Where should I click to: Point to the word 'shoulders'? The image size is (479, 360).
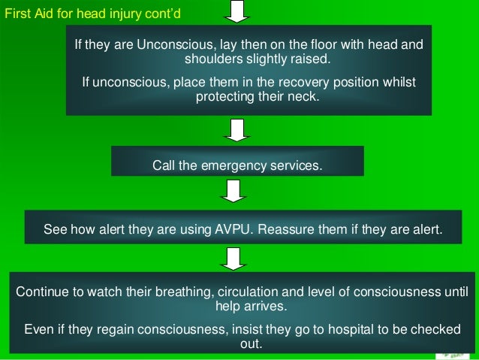coord(209,59)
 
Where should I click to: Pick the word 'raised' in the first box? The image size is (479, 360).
coord(309,59)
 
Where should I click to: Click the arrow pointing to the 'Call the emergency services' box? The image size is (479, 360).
coord(237,131)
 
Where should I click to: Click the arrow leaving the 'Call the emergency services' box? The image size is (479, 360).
coord(232,191)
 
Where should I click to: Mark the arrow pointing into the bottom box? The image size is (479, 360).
coord(233,258)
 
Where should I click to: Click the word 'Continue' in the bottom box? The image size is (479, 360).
coord(41,292)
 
